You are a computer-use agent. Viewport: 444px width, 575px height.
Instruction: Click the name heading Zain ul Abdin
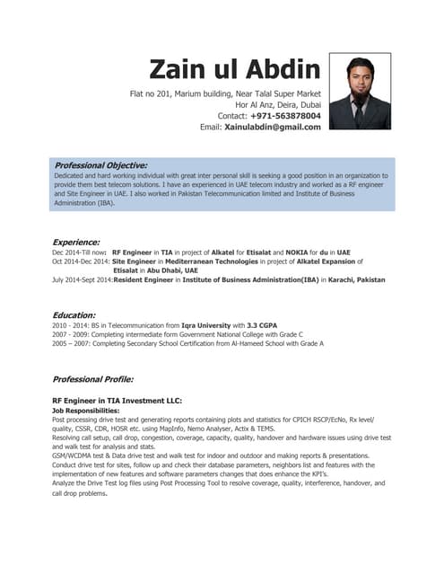pos(235,69)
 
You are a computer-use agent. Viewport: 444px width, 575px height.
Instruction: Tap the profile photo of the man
pos(360,91)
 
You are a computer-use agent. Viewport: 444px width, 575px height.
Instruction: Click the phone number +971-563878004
pos(285,116)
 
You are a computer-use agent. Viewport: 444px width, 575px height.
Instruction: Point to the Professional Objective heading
pos(100,165)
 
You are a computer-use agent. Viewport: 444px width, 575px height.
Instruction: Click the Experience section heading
pos(76,243)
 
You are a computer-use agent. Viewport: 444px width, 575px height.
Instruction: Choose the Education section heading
pos(74,315)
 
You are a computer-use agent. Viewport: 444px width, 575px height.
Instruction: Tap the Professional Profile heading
pos(93,379)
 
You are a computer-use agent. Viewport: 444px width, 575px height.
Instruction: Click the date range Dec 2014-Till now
pos(80,253)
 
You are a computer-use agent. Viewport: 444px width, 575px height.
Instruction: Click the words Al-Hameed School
pos(237,343)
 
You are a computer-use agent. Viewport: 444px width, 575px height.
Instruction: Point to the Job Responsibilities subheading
pos(94,410)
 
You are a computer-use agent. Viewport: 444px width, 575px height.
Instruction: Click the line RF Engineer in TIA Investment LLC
pos(117,400)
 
